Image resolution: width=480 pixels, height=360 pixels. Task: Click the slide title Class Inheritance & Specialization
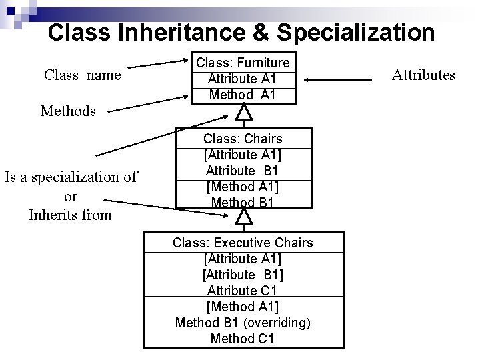tap(241, 32)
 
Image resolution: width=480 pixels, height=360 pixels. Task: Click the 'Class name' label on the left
tap(83, 75)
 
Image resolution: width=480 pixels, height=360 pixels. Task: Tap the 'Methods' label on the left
tap(68, 111)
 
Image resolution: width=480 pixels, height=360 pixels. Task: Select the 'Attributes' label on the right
tap(423, 75)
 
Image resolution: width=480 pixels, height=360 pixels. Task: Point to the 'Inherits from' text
tap(71, 215)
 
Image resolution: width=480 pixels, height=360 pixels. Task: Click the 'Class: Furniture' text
tap(242, 63)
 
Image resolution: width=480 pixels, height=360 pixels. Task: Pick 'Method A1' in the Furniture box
tap(242, 95)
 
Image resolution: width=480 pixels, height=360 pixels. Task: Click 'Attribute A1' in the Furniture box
tap(242, 79)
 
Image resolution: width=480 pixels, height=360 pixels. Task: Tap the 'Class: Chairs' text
tap(243, 139)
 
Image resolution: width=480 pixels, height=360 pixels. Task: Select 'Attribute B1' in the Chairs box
tap(243, 171)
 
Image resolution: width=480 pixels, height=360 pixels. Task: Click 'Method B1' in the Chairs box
tap(243, 202)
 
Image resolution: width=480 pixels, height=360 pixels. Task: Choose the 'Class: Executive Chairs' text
tap(243, 243)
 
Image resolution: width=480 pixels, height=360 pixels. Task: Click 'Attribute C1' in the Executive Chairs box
tap(243, 291)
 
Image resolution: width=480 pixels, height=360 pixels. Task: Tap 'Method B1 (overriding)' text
tap(243, 323)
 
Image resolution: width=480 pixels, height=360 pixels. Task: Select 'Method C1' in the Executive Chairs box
tap(243, 339)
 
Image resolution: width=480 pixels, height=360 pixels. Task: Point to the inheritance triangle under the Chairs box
tap(245, 217)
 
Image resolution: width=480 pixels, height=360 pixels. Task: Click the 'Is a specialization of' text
tap(71, 177)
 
